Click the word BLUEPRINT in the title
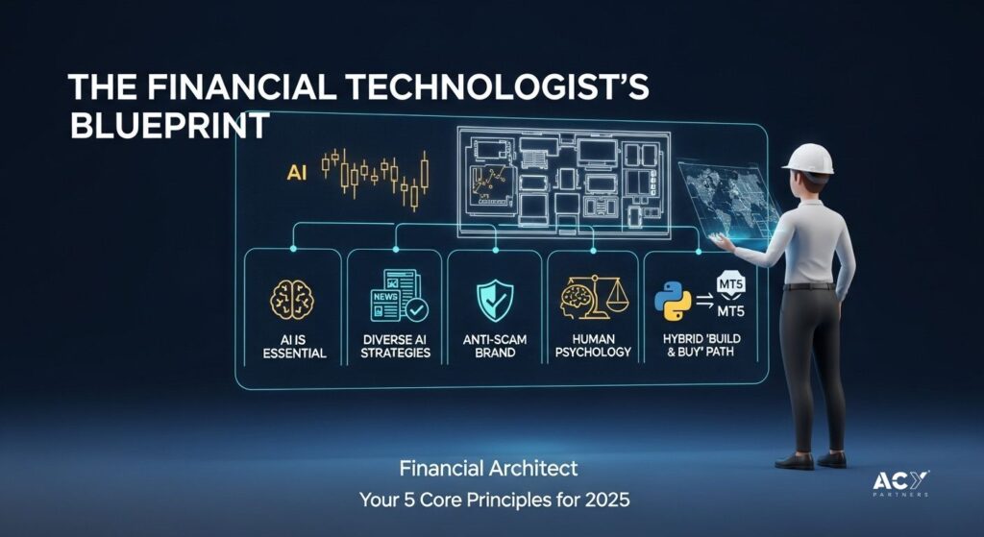pos(170,126)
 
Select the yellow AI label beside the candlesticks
pos(296,173)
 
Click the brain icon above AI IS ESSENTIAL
pos(292,300)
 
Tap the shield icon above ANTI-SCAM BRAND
pos(495,301)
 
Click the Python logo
pos(673,302)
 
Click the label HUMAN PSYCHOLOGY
pos(593,346)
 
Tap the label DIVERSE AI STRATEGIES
pos(395,346)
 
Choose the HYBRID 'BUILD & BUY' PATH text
pos(701,345)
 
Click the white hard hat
pos(809,159)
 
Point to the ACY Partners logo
pos(901,484)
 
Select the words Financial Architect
pos(488,469)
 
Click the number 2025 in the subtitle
pos(607,500)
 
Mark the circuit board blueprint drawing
pos(563,183)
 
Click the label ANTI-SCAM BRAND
pos(495,346)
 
